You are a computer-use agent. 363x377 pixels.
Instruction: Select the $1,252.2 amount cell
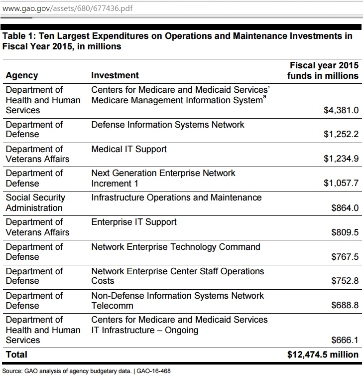click(x=341, y=135)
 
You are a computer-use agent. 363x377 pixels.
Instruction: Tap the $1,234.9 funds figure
click(x=341, y=159)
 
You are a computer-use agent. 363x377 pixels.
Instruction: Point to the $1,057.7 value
click(x=341, y=184)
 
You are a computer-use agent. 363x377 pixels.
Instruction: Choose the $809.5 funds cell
click(x=345, y=232)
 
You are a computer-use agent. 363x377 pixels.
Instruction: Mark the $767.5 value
click(x=345, y=257)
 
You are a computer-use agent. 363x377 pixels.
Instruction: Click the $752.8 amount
click(x=345, y=281)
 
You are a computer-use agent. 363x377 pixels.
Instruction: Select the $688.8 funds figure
click(x=345, y=306)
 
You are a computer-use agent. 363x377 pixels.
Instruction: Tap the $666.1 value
click(x=345, y=340)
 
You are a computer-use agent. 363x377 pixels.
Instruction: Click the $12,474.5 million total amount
click(x=323, y=355)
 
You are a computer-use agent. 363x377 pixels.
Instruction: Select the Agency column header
click(x=21, y=76)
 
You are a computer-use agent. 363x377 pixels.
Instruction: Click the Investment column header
click(x=115, y=76)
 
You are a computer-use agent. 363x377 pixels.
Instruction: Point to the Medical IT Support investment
click(x=129, y=149)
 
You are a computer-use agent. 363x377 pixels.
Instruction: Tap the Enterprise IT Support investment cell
click(x=134, y=222)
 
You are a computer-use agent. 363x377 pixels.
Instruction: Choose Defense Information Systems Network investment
click(x=168, y=125)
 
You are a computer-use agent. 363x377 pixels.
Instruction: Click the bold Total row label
click(x=16, y=355)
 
